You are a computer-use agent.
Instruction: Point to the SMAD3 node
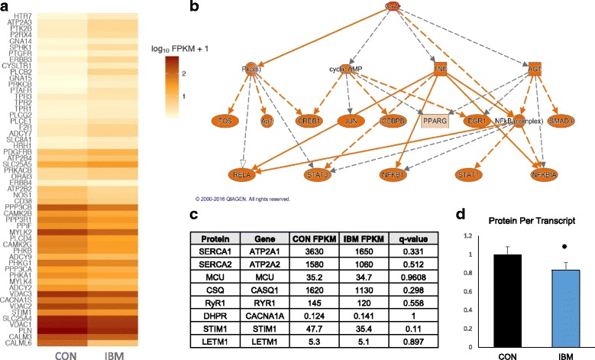click(565, 120)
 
